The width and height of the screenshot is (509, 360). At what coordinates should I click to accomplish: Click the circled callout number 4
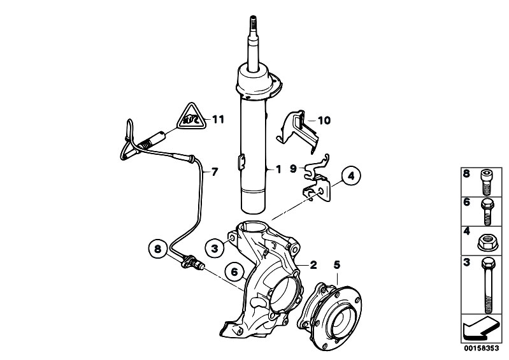pos(351,176)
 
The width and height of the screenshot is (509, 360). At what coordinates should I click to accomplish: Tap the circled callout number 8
pos(158,249)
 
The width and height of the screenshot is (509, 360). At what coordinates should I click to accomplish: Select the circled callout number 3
pos(214,249)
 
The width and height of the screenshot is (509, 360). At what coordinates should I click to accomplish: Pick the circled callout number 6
pos(234,271)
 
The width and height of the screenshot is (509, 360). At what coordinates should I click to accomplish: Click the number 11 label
pos(218,119)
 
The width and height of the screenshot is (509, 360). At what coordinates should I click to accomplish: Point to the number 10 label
pos(324,120)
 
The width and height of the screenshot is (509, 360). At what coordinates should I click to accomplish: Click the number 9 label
pos(293,168)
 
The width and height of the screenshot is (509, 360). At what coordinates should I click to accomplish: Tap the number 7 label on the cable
pos(215,172)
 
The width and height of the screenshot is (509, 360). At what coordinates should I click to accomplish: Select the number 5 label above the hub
pos(337,265)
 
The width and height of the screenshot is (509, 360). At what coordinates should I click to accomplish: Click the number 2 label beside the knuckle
pos(313,265)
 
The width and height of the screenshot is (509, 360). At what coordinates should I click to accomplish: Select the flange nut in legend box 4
pos(487,243)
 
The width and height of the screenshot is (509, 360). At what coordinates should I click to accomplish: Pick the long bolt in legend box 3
pos(488,285)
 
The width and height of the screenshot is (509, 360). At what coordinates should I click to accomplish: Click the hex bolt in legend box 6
pos(487,212)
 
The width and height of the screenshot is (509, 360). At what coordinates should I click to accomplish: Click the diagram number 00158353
pos(481,349)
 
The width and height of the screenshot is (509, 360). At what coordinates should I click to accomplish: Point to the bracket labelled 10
pos(298,131)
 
